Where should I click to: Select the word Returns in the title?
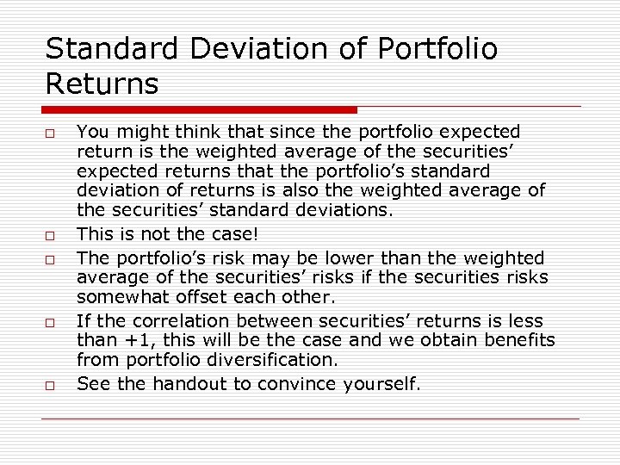(102, 84)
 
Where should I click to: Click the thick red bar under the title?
(200, 110)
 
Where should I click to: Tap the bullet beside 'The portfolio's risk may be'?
(51, 259)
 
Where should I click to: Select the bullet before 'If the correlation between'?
(51, 322)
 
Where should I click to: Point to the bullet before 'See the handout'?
(51, 385)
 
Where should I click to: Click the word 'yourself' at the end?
(380, 383)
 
